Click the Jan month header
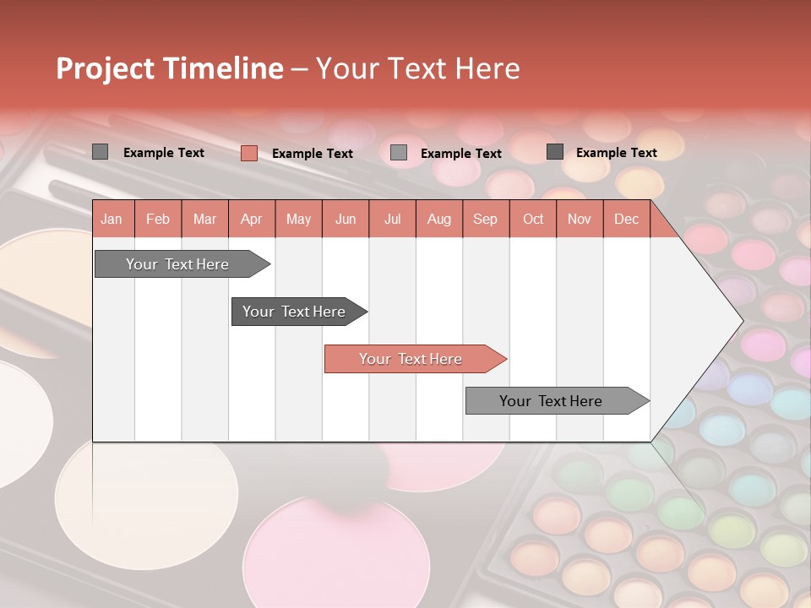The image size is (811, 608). point(112,219)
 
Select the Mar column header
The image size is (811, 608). point(204,219)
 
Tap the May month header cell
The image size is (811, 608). point(298,219)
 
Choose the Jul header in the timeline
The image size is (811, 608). point(392,219)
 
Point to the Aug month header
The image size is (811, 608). point(438,219)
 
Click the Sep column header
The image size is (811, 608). point(485,219)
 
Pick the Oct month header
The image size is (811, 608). point(533,219)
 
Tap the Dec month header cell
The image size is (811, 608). point(626,219)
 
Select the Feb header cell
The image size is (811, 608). point(158,219)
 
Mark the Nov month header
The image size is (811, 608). point(580,219)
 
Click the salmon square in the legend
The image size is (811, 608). point(248,153)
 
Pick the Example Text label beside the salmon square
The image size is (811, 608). point(312,154)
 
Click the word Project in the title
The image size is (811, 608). point(106,68)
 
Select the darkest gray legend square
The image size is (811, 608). point(555,152)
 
